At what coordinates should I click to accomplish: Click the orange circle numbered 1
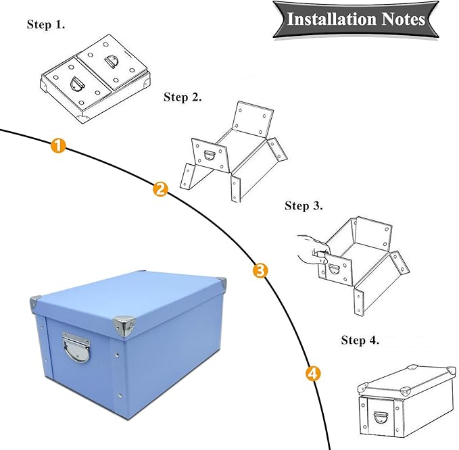[59, 145]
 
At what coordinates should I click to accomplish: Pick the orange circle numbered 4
[312, 372]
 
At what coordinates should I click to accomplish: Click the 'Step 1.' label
[46, 24]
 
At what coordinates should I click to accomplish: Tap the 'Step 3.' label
[304, 205]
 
